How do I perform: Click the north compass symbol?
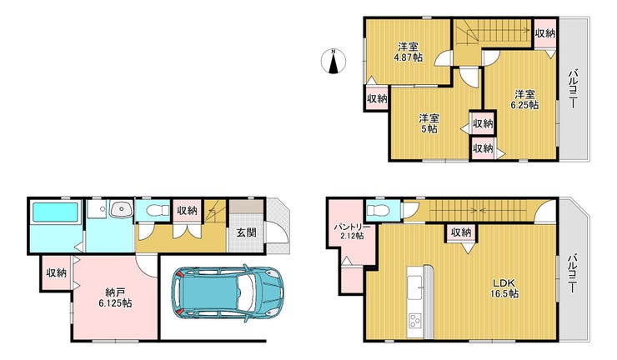point(334,62)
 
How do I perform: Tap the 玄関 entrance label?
point(246,232)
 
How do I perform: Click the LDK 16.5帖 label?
point(504,288)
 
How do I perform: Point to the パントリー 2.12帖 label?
point(352,232)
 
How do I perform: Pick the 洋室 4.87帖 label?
point(408,52)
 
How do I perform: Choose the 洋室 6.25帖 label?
point(525,99)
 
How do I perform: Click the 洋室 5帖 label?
point(429,123)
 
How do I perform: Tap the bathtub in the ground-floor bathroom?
point(55,212)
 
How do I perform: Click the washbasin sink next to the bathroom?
point(122,208)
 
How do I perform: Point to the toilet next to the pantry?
point(376,210)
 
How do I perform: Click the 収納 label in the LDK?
point(461,232)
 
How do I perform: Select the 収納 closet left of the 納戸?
point(57,273)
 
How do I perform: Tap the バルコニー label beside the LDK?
point(573,274)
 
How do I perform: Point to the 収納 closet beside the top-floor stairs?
point(545,33)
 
